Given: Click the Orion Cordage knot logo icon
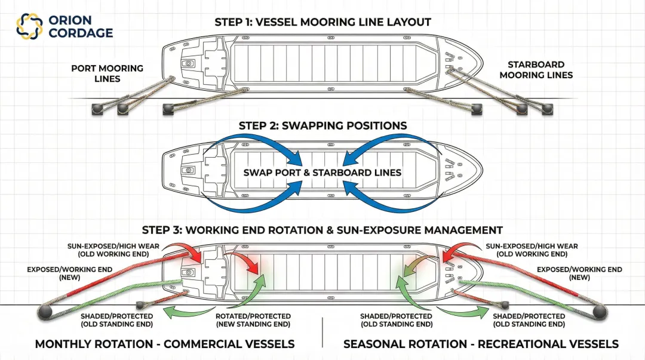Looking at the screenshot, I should click(29, 25).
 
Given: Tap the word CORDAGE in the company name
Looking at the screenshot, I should click(81, 33).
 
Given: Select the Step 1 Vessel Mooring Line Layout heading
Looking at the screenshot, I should click(322, 23).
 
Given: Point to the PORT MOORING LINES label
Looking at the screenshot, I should click(107, 73).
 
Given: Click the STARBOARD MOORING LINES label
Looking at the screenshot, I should click(536, 70).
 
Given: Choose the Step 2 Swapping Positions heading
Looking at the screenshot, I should click(322, 126).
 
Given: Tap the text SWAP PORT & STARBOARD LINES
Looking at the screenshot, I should click(322, 173).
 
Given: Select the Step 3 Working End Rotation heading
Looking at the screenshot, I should click(322, 230).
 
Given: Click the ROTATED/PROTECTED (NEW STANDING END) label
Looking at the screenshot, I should click(253, 320).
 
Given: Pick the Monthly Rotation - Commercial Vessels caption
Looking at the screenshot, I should click(165, 344).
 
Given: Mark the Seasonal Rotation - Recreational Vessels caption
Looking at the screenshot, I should click(481, 344).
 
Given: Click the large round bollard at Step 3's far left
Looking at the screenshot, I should click(46, 312).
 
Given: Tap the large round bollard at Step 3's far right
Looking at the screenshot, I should click(599, 312).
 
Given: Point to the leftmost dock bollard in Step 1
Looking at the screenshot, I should click(96, 109).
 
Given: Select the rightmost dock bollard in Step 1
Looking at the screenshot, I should click(546, 109).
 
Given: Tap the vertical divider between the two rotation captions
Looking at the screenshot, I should click(322, 332).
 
